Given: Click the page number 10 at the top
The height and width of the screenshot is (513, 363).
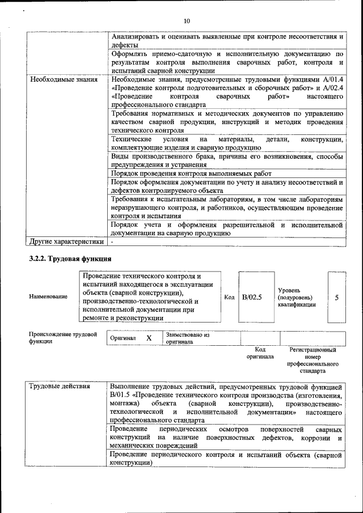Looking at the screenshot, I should click(187, 20).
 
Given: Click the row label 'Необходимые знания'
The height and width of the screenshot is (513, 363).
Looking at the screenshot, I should click(59, 79).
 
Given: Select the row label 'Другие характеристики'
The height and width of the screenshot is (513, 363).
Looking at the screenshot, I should click(66, 242).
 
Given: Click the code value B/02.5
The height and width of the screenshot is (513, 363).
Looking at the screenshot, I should click(251, 296).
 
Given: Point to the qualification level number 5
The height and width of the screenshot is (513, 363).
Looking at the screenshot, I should click(337, 296).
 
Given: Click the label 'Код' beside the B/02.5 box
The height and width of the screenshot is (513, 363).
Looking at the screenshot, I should click(229, 297).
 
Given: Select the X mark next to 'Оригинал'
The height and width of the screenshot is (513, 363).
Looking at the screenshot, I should click(149, 338).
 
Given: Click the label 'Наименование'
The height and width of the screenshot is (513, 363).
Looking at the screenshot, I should click(48, 296).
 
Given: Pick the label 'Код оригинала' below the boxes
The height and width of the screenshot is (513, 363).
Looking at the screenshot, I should click(260, 353).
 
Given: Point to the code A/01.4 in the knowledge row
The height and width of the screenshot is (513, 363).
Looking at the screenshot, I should click(333, 79).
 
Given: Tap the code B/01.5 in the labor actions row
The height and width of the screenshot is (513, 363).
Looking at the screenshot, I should click(121, 395).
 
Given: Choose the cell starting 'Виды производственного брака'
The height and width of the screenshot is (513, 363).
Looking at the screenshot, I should click(227, 159).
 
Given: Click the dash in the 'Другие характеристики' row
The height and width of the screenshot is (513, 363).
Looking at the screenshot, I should click(112, 242).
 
